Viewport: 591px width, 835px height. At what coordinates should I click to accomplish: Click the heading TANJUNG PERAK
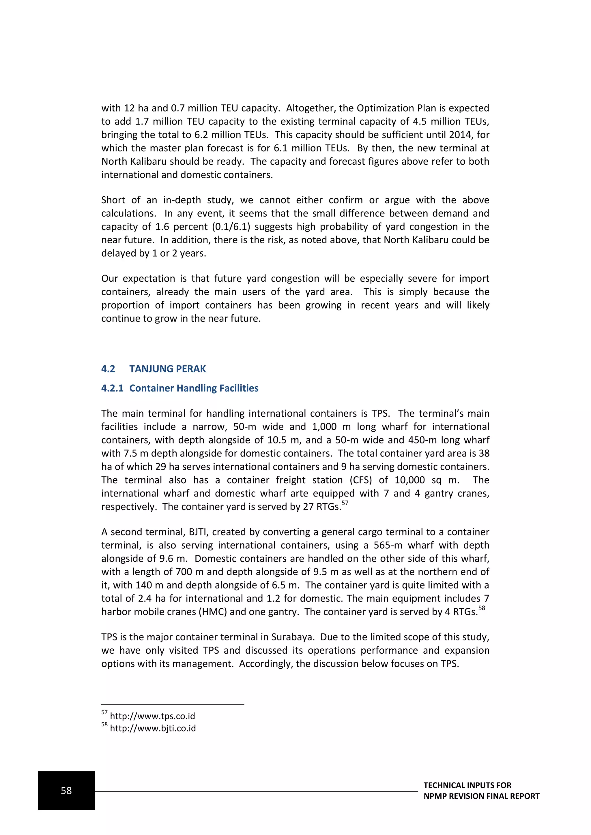coord(167,369)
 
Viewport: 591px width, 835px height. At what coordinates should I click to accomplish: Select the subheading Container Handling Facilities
coord(194,388)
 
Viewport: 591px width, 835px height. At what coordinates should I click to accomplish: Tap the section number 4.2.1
coord(112,388)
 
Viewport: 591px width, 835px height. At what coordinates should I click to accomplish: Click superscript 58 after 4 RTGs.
coord(481,608)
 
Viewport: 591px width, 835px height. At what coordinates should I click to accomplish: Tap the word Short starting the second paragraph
coord(113,200)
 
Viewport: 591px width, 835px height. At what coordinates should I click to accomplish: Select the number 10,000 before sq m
coord(409,480)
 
